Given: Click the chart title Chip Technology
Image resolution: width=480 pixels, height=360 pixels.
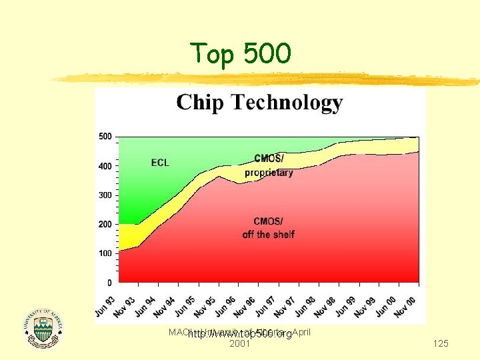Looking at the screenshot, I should [259, 103].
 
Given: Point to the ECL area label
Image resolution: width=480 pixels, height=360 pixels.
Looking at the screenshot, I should [160, 163].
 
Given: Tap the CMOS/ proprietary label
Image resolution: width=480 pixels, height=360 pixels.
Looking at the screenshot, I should [269, 165].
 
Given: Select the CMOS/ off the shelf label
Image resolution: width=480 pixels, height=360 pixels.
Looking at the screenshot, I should [269, 228].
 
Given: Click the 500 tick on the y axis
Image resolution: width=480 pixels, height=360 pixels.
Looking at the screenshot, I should [105, 137].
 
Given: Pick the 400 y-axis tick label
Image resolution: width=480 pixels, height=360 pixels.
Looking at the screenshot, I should [105, 166].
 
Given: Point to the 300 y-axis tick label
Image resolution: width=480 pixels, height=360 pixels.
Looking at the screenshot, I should [105, 195].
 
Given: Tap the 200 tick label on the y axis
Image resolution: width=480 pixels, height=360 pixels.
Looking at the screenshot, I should [105, 225].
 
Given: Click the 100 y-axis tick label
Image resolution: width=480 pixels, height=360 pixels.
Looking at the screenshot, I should [105, 254].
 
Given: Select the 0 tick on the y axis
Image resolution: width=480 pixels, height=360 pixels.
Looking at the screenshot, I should [109, 283].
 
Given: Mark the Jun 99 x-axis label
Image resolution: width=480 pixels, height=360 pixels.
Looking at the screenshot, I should [345, 305].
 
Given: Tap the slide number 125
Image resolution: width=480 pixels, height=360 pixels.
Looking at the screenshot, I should [440, 343].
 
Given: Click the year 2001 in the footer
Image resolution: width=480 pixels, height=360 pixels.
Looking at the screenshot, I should [239, 344].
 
